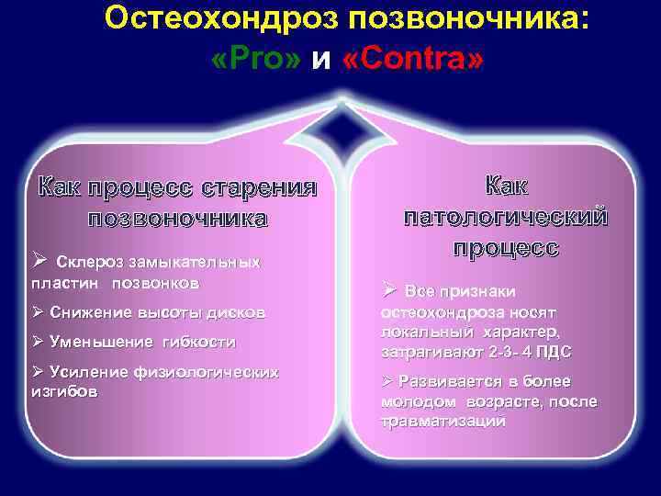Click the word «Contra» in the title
(x=410, y=60)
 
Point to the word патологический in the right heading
(x=506, y=218)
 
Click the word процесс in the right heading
(x=505, y=249)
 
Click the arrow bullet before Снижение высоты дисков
(x=38, y=312)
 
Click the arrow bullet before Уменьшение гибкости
(x=38, y=342)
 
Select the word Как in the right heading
(x=506, y=186)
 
